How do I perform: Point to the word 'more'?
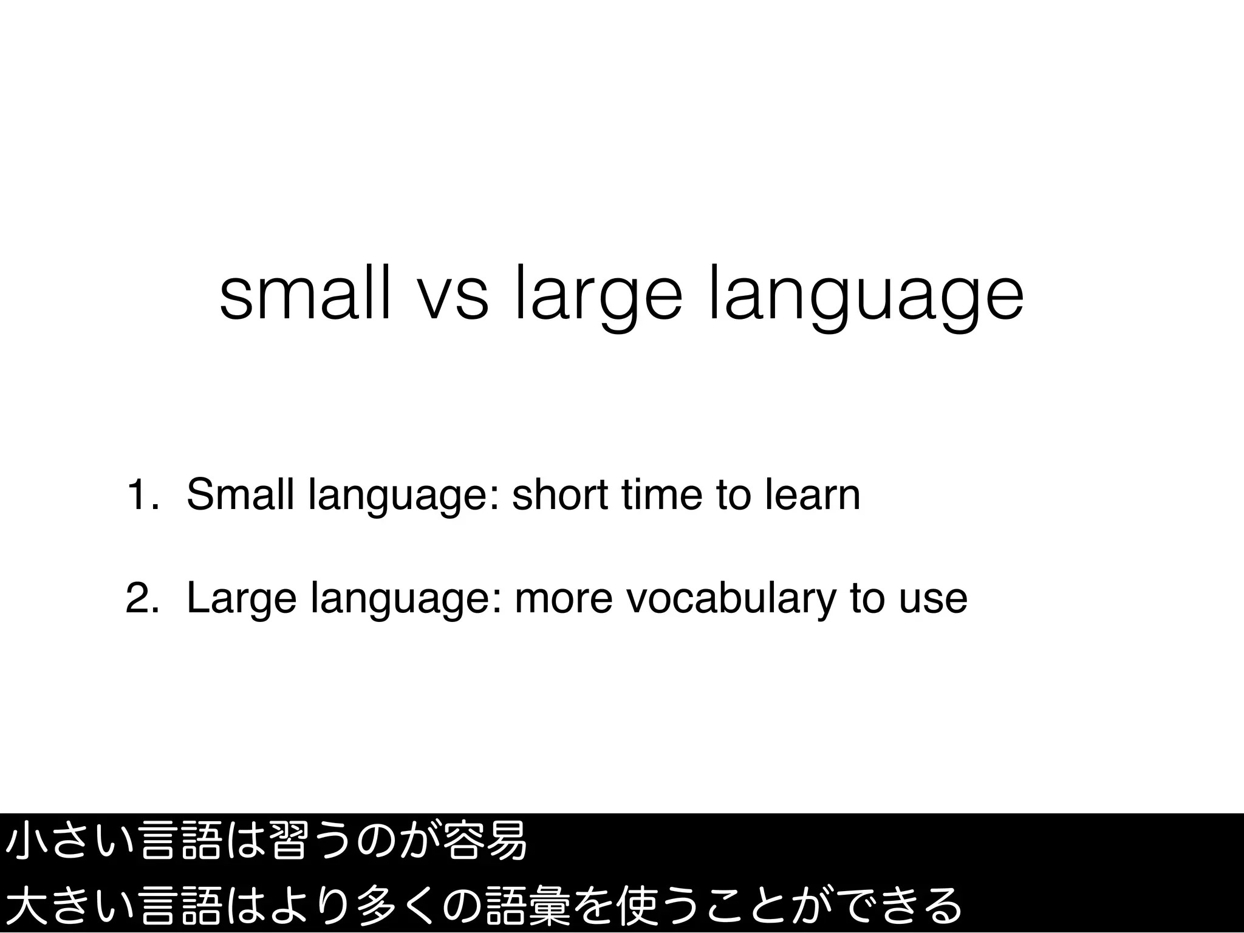[x=564, y=598]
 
